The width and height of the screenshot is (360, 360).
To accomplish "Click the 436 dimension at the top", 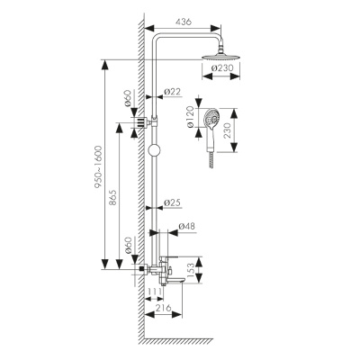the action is coord(183,22).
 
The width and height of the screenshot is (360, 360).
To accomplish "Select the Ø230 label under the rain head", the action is coord(222,68).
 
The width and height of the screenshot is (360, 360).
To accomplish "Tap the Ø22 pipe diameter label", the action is coord(173,92).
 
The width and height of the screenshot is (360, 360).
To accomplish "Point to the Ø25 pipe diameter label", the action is coord(173,203).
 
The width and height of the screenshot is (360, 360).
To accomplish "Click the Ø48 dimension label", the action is coord(186,226).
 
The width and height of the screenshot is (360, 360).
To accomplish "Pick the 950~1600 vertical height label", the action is coord(98,167).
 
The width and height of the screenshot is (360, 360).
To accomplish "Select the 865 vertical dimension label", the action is coord(113,198).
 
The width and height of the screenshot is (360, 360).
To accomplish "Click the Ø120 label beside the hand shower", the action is coord(190,118).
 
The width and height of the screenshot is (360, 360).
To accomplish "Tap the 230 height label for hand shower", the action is coord(227,130).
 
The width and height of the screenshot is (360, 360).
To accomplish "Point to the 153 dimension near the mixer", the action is coord(191,270).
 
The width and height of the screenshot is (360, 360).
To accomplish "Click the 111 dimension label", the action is coord(156,292).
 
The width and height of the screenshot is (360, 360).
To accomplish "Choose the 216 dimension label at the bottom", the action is coord(163,308).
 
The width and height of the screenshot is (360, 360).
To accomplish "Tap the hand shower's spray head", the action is coord(211,118).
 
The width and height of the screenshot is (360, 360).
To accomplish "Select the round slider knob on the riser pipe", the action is coord(155,150).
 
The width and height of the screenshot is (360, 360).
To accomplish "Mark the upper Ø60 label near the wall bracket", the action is coord(128,98).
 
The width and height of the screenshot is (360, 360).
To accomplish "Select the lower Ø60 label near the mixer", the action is coord(128,245).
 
